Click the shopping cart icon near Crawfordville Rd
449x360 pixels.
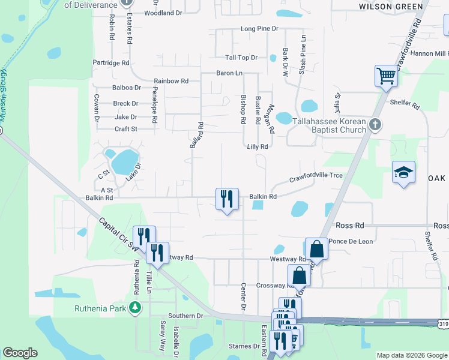click(x=386, y=76)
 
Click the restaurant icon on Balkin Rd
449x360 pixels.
click(x=227, y=199)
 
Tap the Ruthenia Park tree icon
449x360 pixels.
click(x=136, y=308)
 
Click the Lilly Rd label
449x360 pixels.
click(x=257, y=146)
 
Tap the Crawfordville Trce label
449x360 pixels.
click(x=316, y=176)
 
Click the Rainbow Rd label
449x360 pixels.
click(x=171, y=81)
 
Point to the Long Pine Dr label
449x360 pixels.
click(x=259, y=29)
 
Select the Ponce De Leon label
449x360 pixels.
click(x=351, y=241)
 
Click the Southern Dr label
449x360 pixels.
click(x=186, y=316)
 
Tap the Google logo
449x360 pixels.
click(x=20, y=353)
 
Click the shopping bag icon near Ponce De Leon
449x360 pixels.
click(x=316, y=248)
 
